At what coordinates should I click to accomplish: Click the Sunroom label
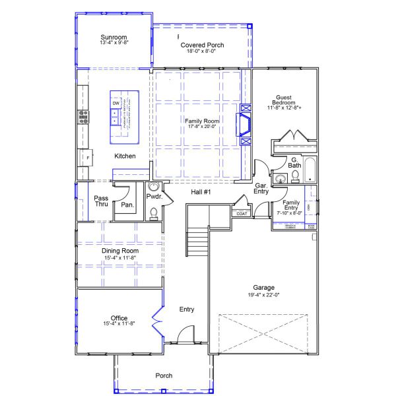click(x=114, y=37)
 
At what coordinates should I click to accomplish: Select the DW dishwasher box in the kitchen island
click(x=115, y=104)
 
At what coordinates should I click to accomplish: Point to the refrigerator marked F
click(x=85, y=159)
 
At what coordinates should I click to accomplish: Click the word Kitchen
click(x=125, y=156)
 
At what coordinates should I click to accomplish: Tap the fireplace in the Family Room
click(x=246, y=124)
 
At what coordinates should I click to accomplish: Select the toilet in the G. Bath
click(x=296, y=176)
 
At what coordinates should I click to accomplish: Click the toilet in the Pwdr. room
click(x=154, y=213)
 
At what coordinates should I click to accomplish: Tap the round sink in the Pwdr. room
click(x=155, y=187)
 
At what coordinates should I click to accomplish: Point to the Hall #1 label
click(x=201, y=191)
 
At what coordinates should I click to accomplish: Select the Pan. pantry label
click(x=127, y=205)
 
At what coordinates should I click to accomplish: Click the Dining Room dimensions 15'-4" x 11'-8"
click(x=119, y=258)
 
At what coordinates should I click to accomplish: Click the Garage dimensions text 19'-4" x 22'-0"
click(x=263, y=295)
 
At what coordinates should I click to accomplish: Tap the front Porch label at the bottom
click(x=164, y=376)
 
